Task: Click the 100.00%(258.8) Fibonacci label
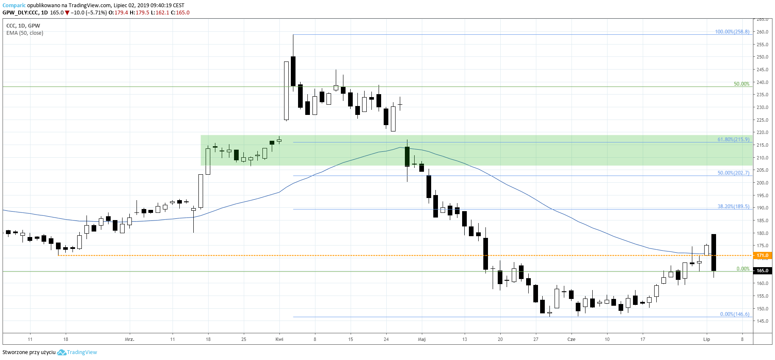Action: tap(732, 32)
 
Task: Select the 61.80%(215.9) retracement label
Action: tap(733, 139)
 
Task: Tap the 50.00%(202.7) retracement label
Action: tap(733, 173)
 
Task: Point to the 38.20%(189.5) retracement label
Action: tap(733, 207)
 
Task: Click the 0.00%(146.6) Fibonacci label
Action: tap(734, 314)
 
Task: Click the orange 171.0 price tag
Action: tap(762, 256)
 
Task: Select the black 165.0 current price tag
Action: tap(762, 271)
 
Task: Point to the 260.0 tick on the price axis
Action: tap(762, 32)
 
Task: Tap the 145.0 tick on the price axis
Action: tap(762, 321)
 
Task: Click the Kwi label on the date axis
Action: tap(279, 339)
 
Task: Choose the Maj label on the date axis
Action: tap(421, 339)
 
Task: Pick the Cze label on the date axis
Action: tap(571, 339)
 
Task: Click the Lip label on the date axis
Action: tap(706, 339)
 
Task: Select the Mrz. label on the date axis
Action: tap(129, 339)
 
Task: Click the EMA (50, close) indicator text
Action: tap(25, 33)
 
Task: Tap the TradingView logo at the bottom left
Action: tap(77, 352)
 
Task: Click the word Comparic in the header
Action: tap(14, 6)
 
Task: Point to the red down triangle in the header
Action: tap(67, 13)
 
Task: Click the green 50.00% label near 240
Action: tap(741, 84)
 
